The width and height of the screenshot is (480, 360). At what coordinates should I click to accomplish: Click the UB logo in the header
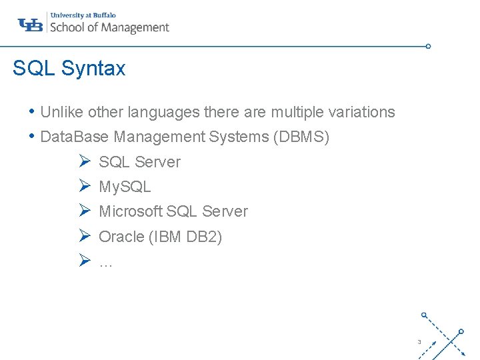pyautogui.click(x=31, y=25)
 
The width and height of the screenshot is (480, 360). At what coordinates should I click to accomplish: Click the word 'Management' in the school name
pyautogui.click(x=135, y=27)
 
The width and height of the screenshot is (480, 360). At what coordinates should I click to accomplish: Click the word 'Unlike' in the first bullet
pyautogui.click(x=61, y=112)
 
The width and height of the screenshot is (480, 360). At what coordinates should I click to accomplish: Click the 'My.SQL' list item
pyautogui.click(x=125, y=187)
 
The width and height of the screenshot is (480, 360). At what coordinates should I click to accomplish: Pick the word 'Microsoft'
pyautogui.click(x=130, y=211)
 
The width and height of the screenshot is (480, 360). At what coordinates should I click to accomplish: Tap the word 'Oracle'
pyautogui.click(x=121, y=237)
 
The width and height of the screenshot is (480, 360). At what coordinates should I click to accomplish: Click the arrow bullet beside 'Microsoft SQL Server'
pyautogui.click(x=84, y=211)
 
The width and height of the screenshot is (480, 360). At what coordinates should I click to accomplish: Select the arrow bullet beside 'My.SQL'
pyautogui.click(x=84, y=187)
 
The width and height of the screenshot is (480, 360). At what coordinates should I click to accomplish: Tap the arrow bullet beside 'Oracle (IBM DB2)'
pyautogui.click(x=84, y=236)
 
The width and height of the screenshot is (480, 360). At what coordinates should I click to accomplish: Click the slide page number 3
pyautogui.click(x=419, y=342)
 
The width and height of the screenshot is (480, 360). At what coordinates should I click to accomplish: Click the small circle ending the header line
pyautogui.click(x=428, y=47)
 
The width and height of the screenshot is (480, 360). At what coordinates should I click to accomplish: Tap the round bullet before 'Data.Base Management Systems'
pyautogui.click(x=33, y=136)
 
